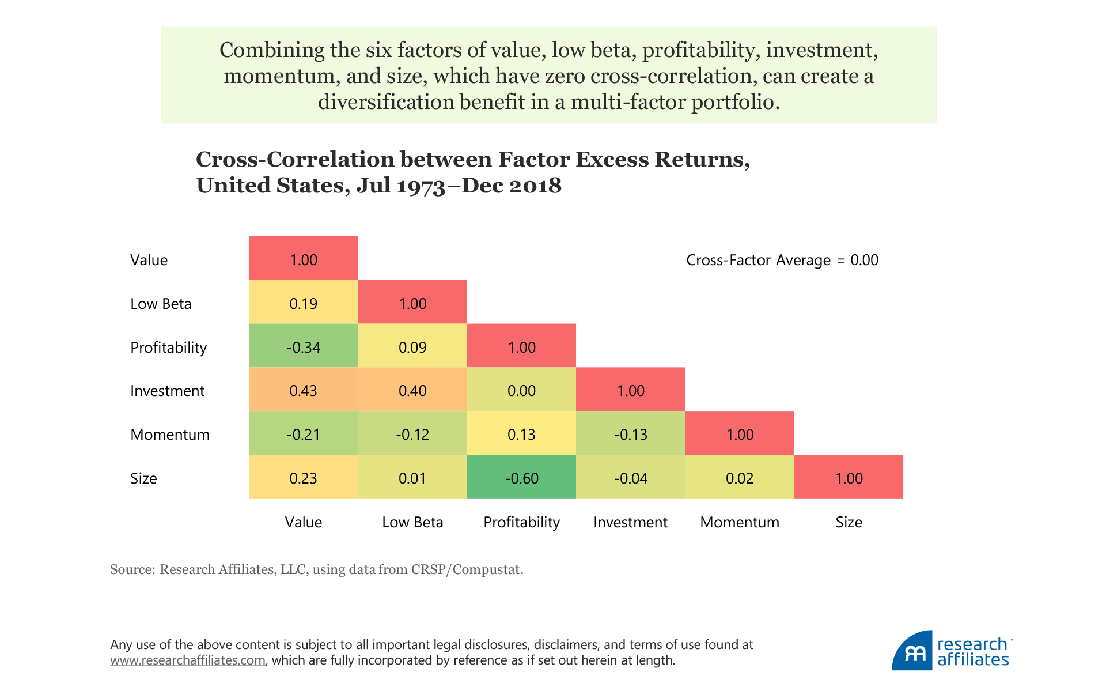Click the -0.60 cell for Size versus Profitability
point(521,477)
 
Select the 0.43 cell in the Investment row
point(303,390)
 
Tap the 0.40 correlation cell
point(412,390)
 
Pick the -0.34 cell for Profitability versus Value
point(303,346)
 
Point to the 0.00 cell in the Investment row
point(521,390)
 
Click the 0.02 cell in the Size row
point(739,477)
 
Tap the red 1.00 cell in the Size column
point(849,477)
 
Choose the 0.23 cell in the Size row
point(303,477)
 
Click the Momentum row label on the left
point(170,435)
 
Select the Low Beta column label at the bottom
point(412,522)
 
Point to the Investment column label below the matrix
point(630,522)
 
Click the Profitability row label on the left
point(168,348)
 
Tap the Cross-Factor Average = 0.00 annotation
point(782,260)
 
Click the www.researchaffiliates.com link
point(188,660)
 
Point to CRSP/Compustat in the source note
point(467,569)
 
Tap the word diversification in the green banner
point(385,102)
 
